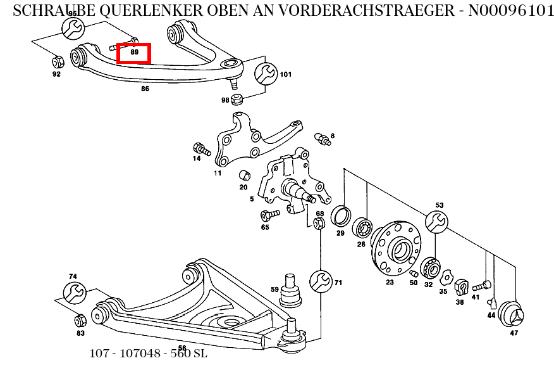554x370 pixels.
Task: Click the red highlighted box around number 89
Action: pos(134,53)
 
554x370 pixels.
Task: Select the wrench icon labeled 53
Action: pos(437,222)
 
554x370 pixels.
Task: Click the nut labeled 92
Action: pos(56,62)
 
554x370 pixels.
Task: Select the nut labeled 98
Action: pos(238,99)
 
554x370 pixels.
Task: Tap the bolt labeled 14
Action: pos(201,149)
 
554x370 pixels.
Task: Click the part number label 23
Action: pos(390,283)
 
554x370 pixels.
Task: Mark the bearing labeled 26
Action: pos(363,227)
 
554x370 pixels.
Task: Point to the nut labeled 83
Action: pos(80,319)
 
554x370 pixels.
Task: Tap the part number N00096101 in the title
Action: pos(511,11)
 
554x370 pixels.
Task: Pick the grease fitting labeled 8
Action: pos(322,138)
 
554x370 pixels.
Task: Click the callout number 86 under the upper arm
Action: pos(145,89)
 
